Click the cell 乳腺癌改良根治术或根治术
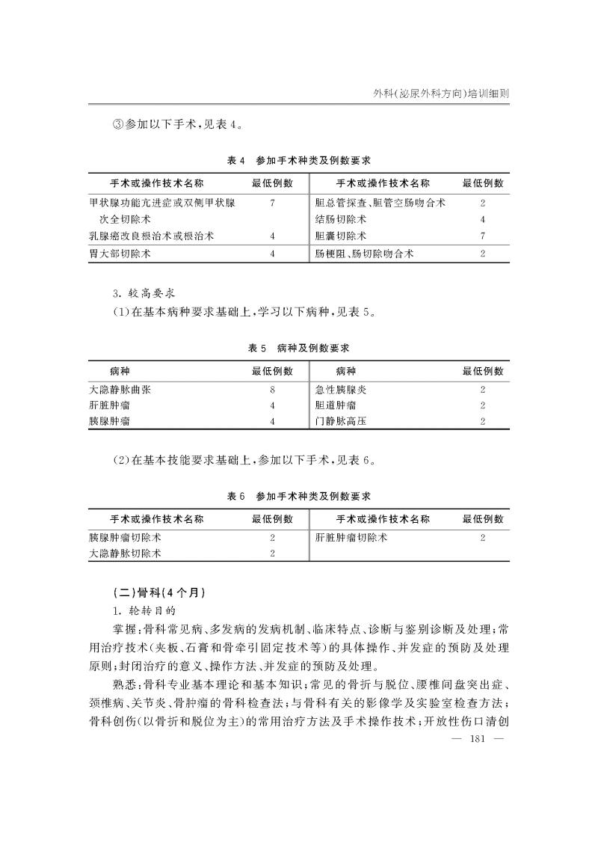(152, 236)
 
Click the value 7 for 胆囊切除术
(483, 236)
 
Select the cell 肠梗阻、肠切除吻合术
(364, 254)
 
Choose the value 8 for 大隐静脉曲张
(273, 389)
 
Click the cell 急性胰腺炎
(341, 389)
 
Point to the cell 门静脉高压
(341, 421)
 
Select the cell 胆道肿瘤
(336, 405)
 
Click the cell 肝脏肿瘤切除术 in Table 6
(351, 537)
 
